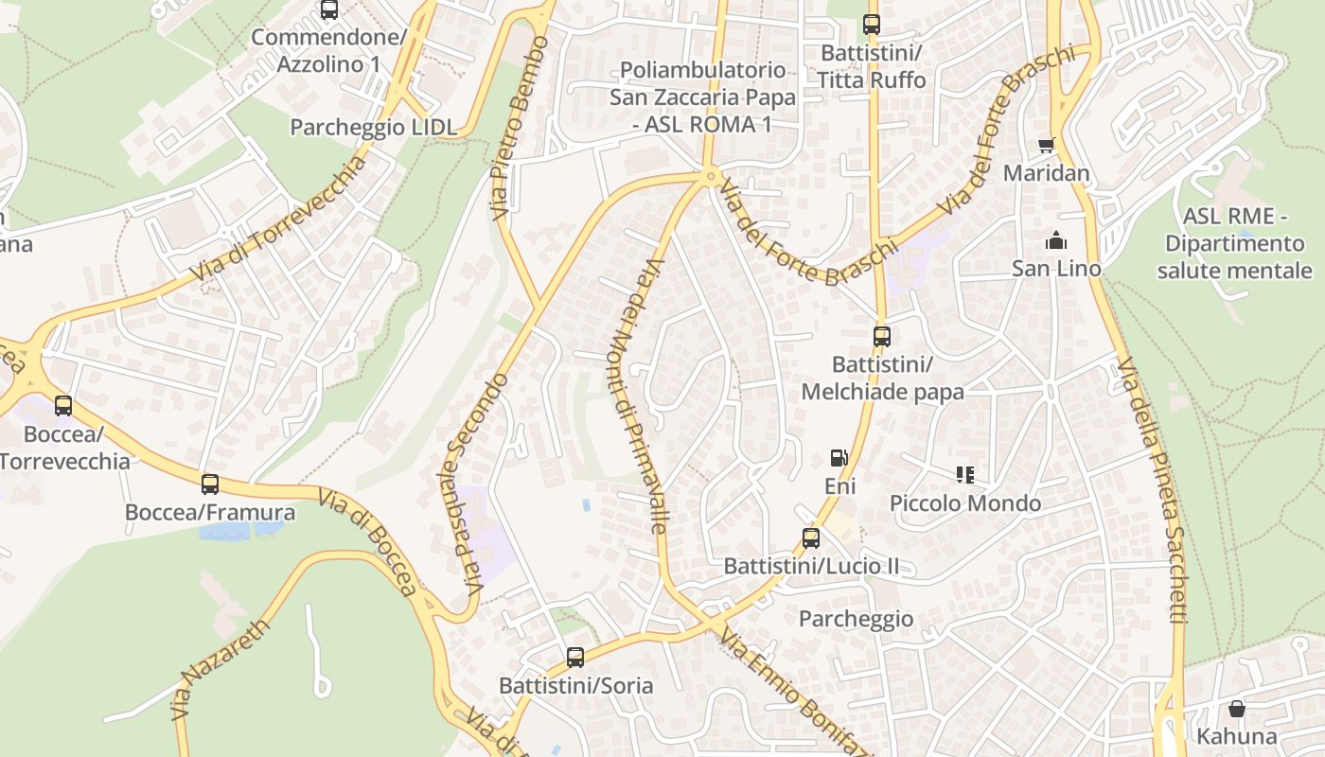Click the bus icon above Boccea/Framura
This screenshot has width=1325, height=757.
210,484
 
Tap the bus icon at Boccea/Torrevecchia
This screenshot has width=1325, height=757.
63,406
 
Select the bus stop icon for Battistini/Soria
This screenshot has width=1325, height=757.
575,658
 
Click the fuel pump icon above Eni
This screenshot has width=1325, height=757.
839,458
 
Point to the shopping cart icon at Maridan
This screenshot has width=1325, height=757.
1046,146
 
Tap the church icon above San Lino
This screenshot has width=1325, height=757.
1056,240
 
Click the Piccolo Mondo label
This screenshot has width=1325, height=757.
965,503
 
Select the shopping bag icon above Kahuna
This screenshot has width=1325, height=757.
1236,709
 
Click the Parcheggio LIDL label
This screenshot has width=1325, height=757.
373,128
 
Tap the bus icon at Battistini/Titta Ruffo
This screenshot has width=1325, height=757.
872,25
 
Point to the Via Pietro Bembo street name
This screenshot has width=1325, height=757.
520,128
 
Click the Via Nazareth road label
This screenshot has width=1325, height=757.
221,670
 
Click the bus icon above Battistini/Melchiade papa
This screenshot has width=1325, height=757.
881,336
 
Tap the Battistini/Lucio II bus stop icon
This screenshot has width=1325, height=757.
811,538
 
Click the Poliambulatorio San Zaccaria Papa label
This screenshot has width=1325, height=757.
702,97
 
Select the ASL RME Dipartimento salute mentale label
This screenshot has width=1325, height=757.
1234,244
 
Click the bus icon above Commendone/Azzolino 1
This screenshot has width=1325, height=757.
329,9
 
